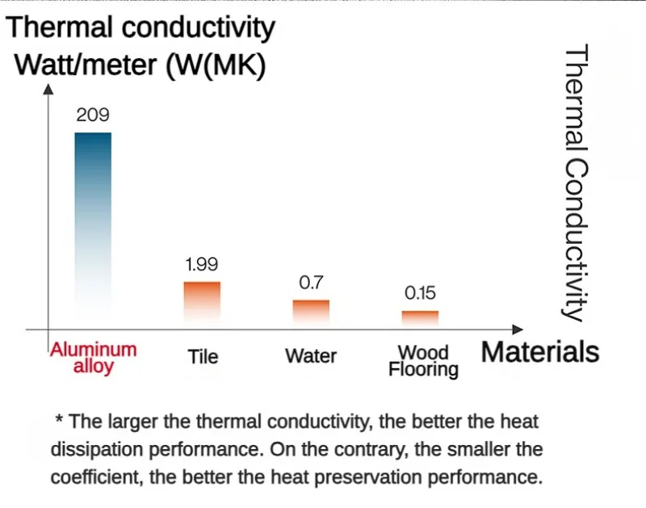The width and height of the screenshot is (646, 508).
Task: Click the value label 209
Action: tap(93, 115)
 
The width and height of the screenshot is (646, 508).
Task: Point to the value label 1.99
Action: tap(202, 264)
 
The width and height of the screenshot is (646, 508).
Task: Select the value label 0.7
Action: tap(311, 283)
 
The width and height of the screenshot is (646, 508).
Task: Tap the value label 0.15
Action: tap(420, 293)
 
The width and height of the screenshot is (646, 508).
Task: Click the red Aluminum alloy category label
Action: tap(94, 358)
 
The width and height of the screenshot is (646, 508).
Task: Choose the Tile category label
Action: tap(203, 356)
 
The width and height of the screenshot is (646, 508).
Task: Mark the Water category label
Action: tap(311, 356)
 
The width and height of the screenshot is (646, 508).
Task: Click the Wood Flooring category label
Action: tap(423, 361)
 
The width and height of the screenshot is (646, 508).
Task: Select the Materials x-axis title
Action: tap(540, 353)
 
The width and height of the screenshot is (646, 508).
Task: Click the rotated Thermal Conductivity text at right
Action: tap(575, 183)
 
